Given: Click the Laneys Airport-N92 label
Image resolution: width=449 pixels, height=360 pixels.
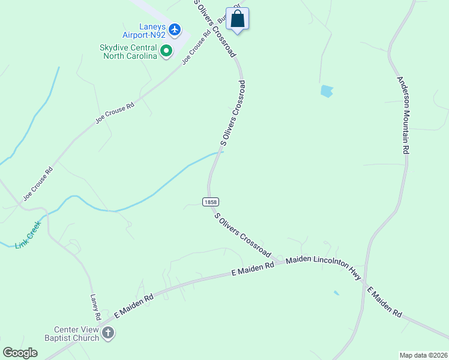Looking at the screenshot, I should click(x=143, y=31).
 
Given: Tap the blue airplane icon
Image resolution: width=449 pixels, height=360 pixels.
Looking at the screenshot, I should click(x=175, y=29).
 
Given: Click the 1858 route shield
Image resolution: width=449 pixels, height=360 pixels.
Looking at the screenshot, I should click(x=210, y=202).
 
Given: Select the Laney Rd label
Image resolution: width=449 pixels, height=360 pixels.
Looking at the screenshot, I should click(x=95, y=307).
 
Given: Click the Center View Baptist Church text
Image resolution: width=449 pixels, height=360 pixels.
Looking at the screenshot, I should click(x=76, y=334).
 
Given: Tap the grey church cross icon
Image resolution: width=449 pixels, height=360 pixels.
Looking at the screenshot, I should click(x=108, y=333).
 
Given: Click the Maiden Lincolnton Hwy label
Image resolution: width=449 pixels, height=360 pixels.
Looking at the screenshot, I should click(x=324, y=268).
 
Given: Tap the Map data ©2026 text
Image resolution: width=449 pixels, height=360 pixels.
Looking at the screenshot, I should click(x=423, y=355).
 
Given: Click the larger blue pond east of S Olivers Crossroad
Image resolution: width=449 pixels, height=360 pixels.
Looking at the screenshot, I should click(x=327, y=91).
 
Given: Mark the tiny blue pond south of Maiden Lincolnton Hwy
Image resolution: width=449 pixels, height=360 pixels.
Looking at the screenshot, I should click(x=336, y=293).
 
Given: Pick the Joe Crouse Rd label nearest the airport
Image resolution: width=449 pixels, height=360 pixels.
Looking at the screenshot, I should click(x=197, y=47).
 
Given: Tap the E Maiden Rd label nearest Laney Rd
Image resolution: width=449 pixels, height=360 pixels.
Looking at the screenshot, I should click(x=133, y=306).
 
